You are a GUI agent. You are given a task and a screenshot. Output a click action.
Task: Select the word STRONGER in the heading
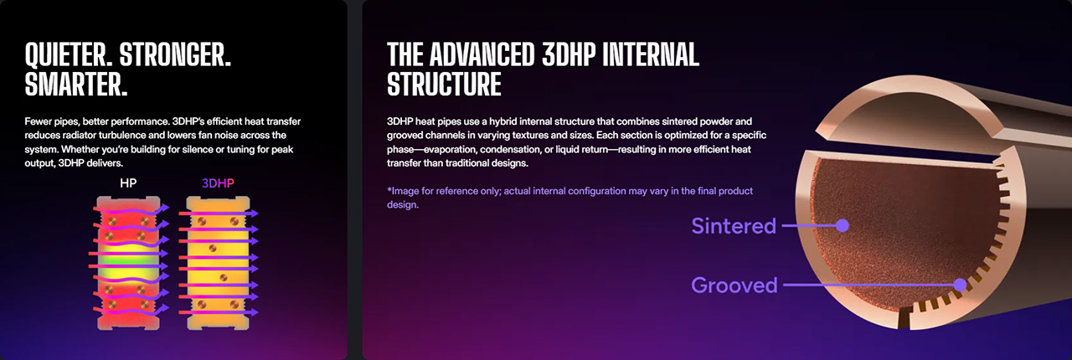click(x=175, y=54)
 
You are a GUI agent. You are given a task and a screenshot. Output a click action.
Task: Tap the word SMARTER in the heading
click(x=76, y=85)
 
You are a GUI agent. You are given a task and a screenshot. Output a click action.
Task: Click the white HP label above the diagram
click(x=128, y=183)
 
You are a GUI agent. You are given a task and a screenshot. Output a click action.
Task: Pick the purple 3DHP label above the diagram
click(x=218, y=183)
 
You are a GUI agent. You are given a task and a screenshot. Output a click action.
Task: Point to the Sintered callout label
click(x=734, y=226)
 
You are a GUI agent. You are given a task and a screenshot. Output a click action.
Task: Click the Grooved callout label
click(x=734, y=285)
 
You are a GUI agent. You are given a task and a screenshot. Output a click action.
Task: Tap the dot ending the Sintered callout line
click(x=843, y=225)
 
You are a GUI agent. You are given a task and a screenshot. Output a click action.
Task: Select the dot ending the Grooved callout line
click(x=960, y=285)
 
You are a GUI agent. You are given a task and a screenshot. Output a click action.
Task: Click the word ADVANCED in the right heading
click(x=482, y=54)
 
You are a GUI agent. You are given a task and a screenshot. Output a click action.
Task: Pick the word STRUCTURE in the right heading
click(x=444, y=85)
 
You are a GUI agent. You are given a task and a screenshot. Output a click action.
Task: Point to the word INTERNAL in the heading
click(x=651, y=54)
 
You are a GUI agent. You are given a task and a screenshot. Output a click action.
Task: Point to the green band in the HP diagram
click(x=128, y=261)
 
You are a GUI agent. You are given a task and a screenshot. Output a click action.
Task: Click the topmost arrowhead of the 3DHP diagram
click(x=253, y=213)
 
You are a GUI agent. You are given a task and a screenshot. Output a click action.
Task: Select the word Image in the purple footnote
click(x=405, y=191)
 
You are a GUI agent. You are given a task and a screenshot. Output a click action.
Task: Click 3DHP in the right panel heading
click(x=569, y=54)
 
